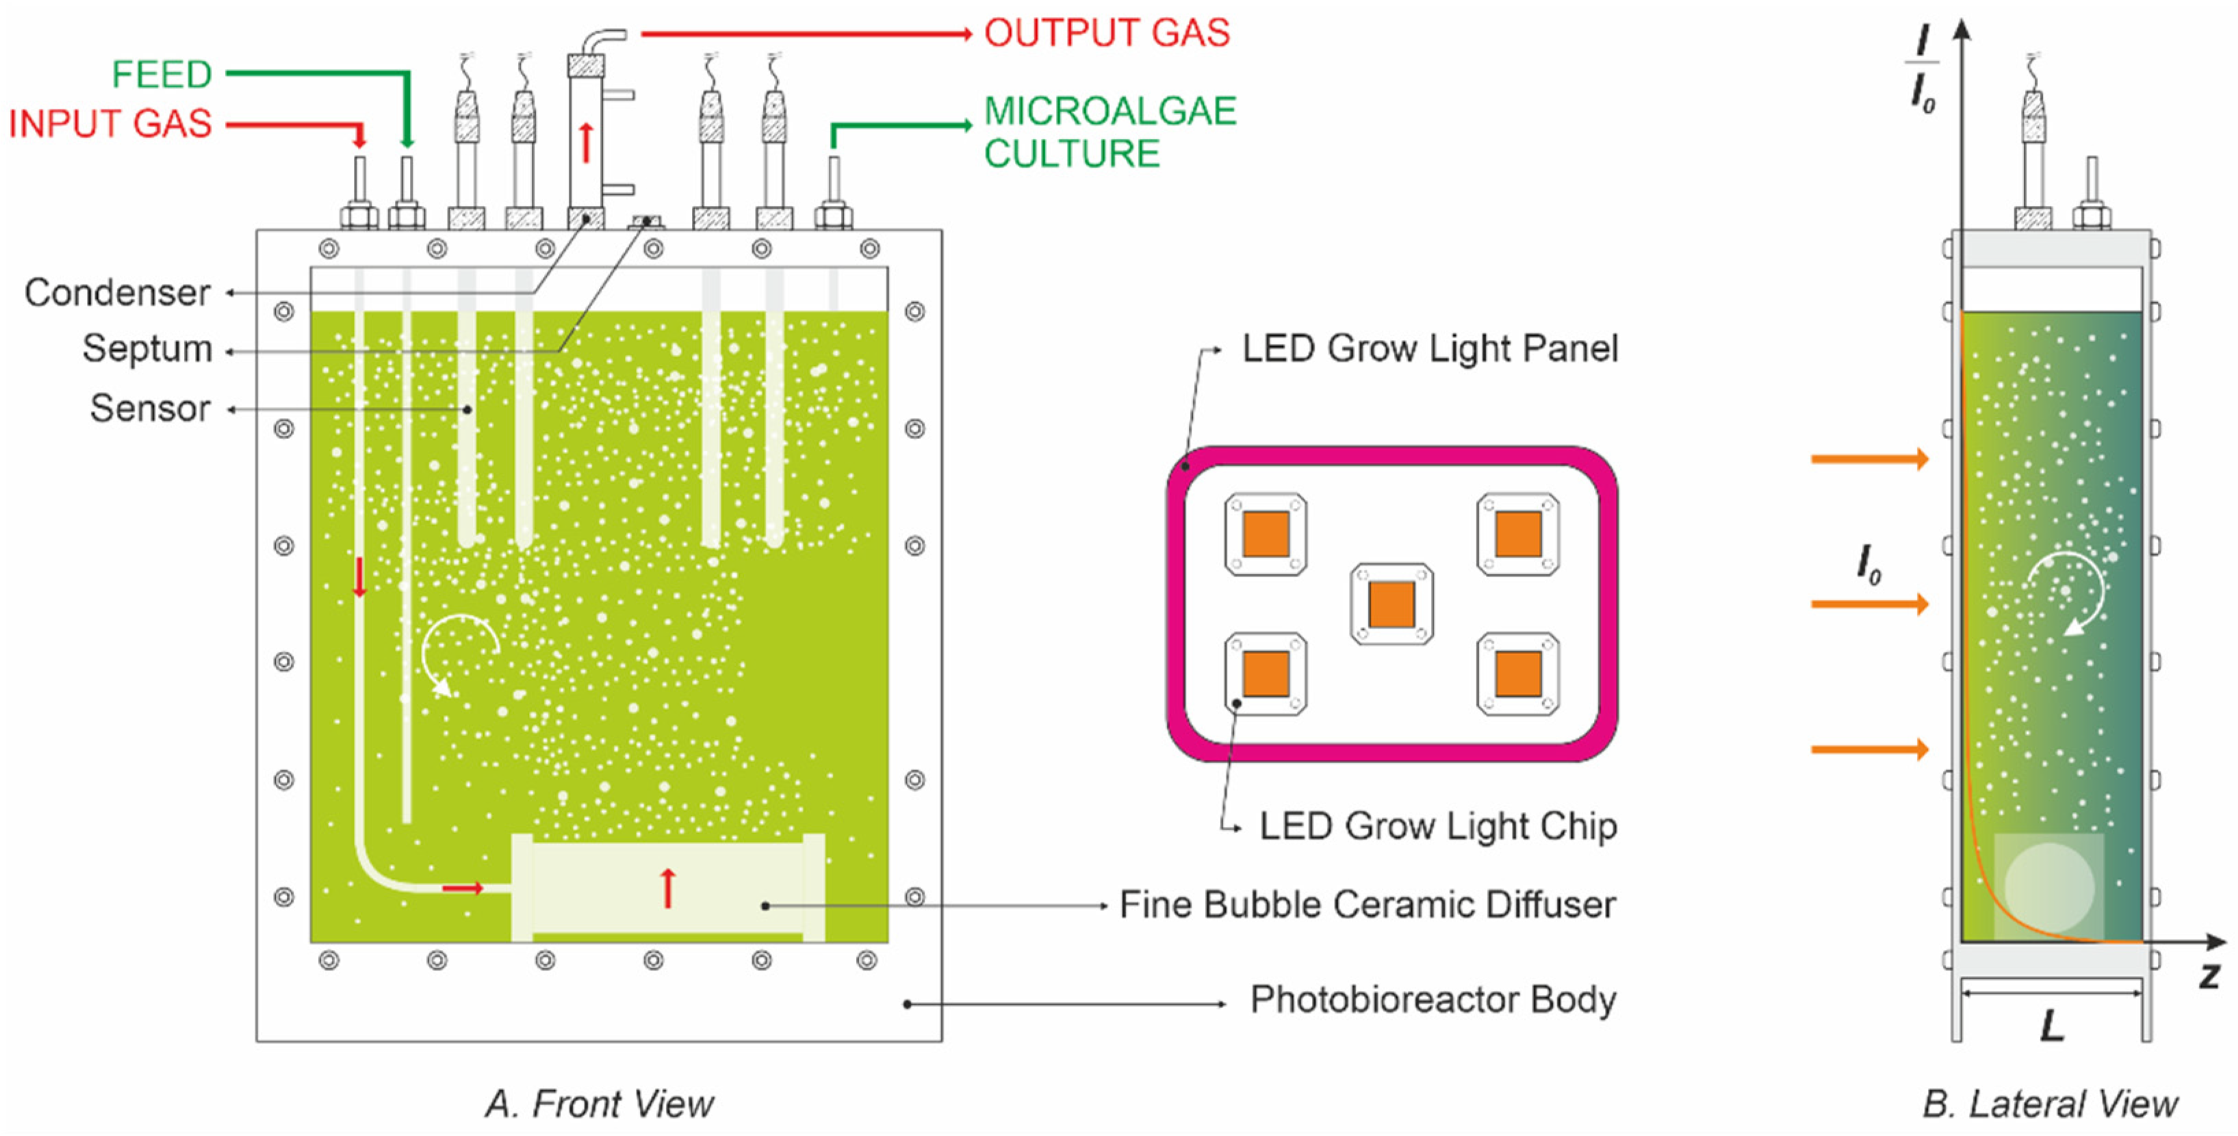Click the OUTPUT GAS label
1106,33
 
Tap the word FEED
162,74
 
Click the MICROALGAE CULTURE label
1109,132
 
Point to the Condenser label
117,293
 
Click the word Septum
147,348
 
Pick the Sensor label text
151,408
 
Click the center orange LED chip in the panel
1391,604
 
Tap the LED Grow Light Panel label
1429,348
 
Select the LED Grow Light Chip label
1438,826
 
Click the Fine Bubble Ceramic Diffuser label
1367,905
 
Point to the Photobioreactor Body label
1432,1000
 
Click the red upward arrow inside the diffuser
667,888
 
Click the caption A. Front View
600,1104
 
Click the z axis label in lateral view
2209,976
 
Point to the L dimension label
2052,1027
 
